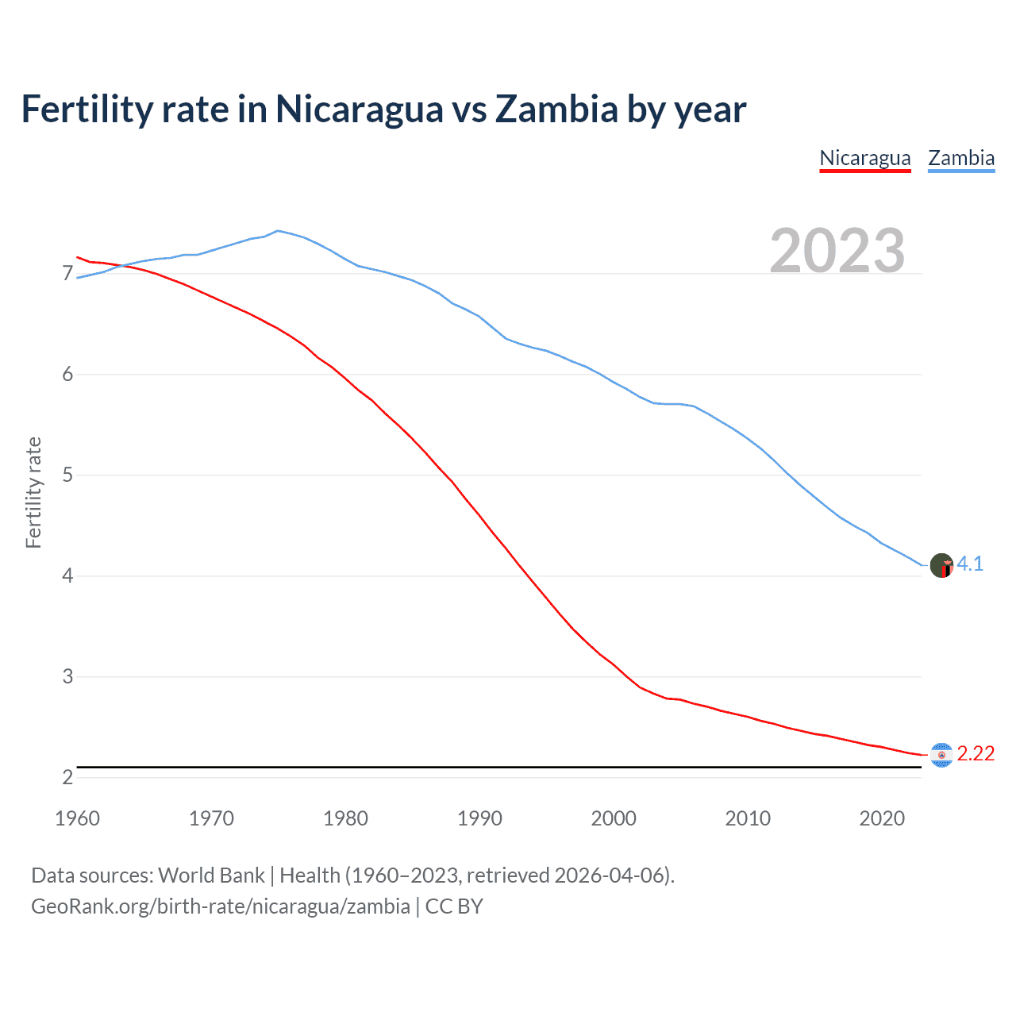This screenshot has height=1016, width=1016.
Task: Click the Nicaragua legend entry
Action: [x=864, y=158]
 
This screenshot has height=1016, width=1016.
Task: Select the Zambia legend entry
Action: [x=961, y=158]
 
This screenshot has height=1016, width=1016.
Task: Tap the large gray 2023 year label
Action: [x=837, y=251]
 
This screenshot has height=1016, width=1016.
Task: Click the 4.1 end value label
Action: [x=970, y=564]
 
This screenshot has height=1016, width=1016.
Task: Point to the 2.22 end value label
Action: [x=976, y=754]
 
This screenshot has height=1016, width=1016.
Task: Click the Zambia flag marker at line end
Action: [x=941, y=566]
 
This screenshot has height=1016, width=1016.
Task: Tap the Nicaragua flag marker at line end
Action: [x=941, y=755]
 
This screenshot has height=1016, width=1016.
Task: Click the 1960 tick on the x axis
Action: [x=77, y=818]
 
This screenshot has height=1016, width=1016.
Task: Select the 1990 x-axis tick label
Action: [x=479, y=818]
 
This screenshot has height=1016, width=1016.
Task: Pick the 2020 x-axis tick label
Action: [x=882, y=818]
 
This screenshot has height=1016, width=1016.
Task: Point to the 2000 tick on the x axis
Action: [x=614, y=818]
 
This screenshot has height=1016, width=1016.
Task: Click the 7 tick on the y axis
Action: [x=67, y=274]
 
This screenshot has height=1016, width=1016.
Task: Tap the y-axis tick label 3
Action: [x=67, y=677]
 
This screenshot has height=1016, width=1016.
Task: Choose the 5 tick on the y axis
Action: [x=67, y=475]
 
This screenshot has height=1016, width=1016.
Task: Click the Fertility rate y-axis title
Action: [x=33, y=492]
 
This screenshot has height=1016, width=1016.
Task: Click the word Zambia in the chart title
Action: [x=556, y=110]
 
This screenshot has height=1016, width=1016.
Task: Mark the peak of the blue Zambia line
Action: [x=277, y=231]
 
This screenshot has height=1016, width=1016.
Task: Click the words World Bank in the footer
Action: [x=211, y=876]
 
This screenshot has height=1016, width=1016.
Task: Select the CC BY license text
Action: [x=454, y=906]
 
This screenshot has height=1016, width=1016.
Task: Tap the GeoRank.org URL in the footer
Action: [x=221, y=906]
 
